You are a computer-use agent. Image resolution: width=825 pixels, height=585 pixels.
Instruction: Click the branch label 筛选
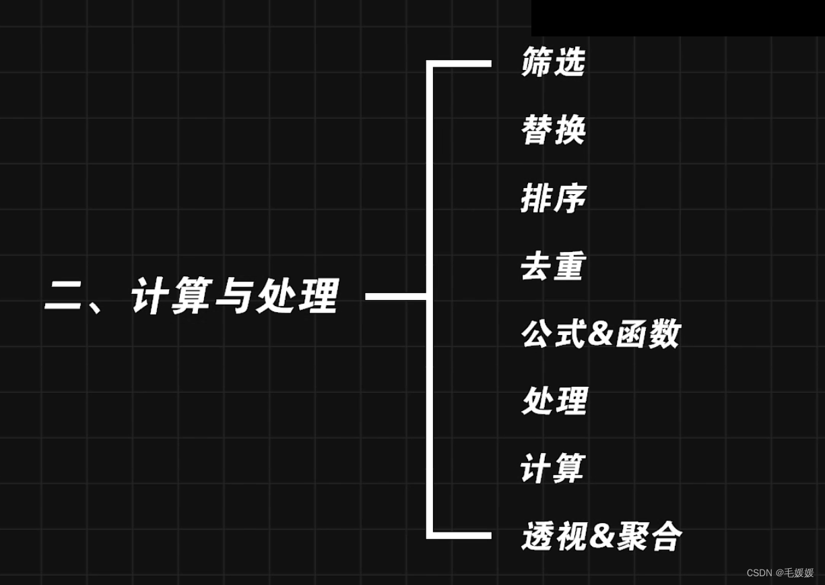553,63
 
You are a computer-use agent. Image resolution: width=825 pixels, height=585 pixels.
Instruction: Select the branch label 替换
553,130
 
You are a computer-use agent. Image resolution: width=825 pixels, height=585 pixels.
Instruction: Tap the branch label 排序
553,199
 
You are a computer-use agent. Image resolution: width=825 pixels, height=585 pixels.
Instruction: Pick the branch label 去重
552,267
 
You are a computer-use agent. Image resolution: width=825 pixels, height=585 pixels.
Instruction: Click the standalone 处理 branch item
554,402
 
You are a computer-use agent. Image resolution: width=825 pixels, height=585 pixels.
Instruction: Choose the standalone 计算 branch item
552,469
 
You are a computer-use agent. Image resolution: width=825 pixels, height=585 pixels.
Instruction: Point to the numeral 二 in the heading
64,297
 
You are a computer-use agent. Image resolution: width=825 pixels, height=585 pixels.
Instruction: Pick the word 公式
553,334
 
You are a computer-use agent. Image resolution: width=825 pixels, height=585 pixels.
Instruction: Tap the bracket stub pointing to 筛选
465,64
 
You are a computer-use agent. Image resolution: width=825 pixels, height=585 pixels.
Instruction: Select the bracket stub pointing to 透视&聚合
465,536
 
